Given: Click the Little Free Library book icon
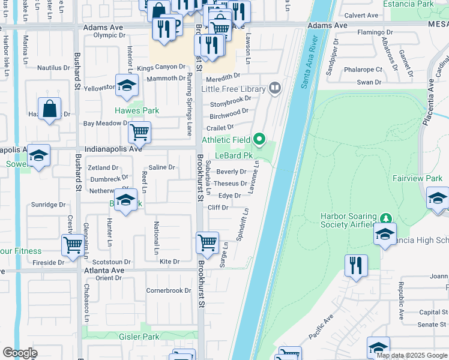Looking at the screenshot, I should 275,89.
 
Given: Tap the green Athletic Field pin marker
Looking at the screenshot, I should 259,140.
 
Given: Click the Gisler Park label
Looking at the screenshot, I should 139,337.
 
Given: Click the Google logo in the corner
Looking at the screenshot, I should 20,353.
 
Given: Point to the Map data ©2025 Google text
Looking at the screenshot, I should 411,355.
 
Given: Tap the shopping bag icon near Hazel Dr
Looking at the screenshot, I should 50,110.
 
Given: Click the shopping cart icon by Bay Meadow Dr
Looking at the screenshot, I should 139,131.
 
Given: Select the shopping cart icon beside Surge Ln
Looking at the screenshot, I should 207,242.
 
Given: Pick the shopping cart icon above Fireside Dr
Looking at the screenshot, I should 73,245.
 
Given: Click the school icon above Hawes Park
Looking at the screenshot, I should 127,86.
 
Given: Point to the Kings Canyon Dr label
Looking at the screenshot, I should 161,68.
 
